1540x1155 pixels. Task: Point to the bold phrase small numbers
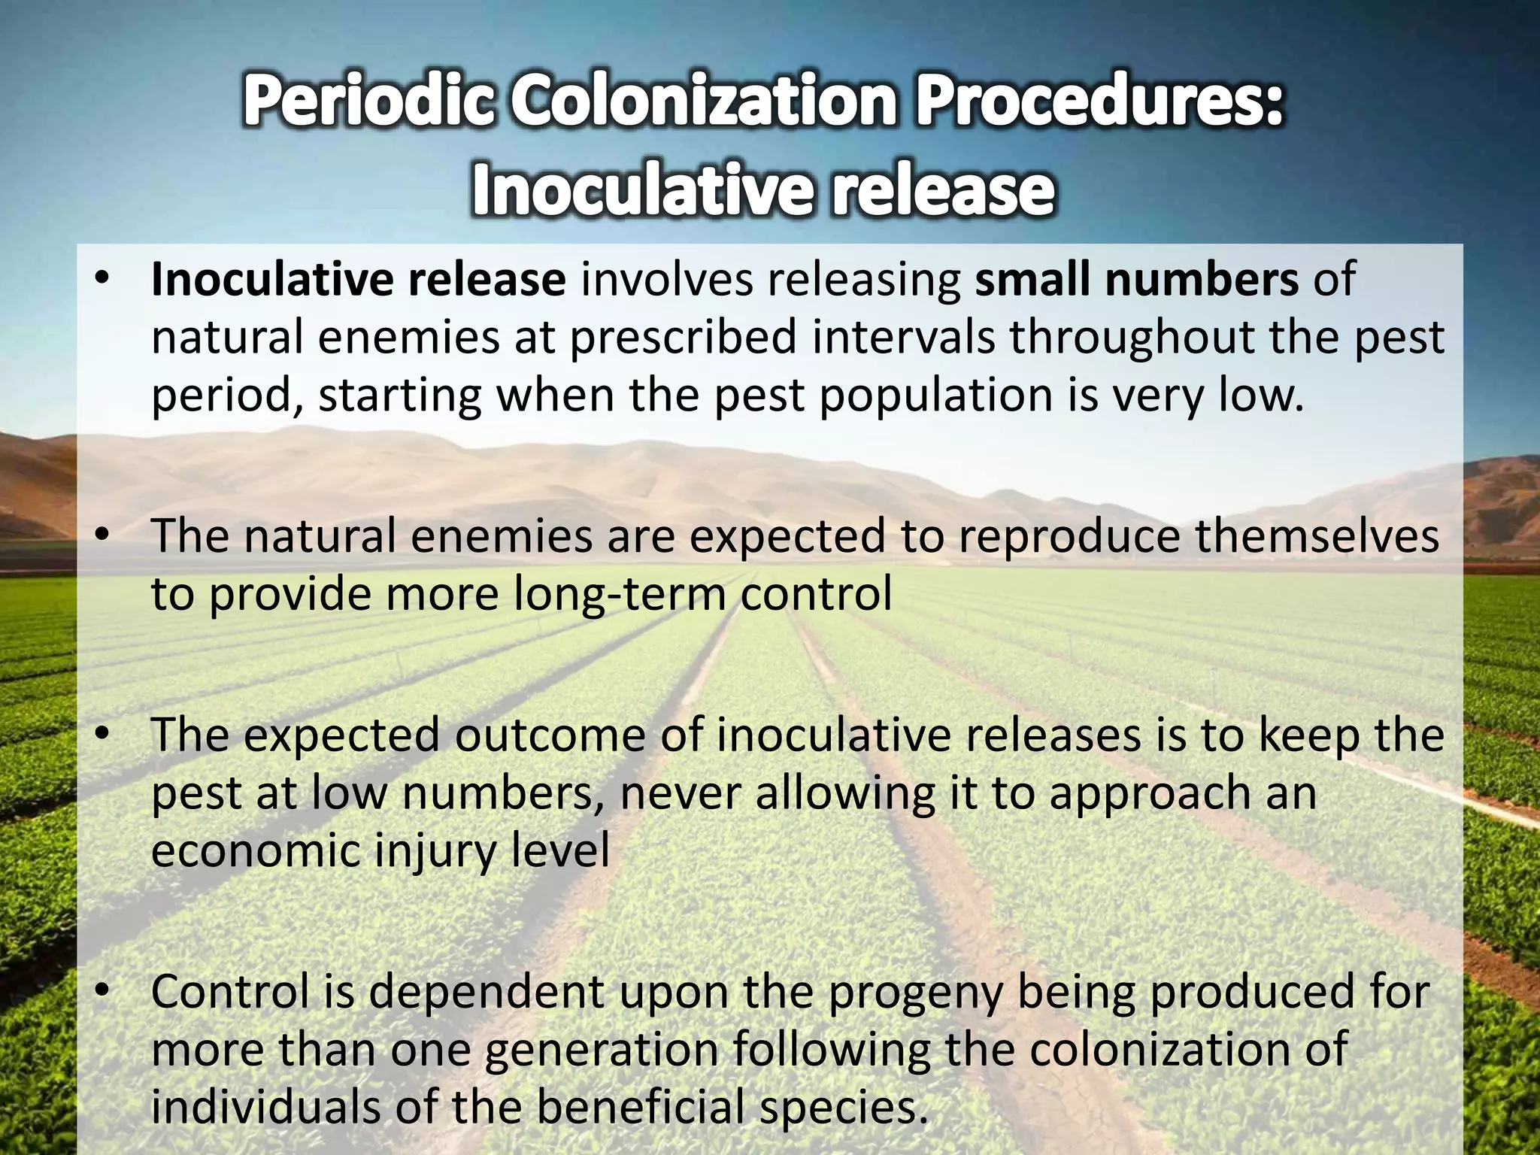click(1136, 279)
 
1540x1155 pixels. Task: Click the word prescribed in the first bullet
click(683, 337)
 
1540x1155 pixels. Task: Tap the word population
click(935, 395)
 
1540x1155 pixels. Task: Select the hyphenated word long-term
click(619, 594)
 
